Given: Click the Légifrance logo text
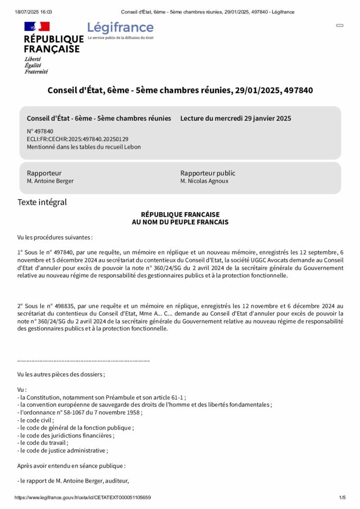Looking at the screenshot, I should pos(120,28).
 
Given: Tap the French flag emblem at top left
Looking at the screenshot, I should pos(37,26).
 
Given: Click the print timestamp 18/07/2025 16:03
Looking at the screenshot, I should pos(33,12).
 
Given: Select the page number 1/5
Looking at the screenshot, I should pos(342,498).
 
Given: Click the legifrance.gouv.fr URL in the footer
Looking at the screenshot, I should pos(83,498).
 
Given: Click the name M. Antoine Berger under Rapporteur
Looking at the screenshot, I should pos(50,181).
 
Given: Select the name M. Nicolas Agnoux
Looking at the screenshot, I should pos(204,181).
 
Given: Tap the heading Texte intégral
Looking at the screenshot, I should pos(42,202).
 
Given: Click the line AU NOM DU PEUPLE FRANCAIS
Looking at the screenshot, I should pos(180,222).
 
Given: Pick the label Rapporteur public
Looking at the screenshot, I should pos(208,173).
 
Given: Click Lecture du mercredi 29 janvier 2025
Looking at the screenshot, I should pos(236,118).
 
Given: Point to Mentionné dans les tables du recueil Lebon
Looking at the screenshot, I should pos(84,147).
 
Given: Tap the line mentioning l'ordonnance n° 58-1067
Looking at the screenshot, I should pos(80,413).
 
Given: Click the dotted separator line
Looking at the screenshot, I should pos(84,360).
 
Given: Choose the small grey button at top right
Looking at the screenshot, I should pos(340,25).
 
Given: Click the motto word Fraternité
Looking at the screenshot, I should pos(36,72).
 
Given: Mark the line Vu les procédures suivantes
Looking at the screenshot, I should pos(55,237).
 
